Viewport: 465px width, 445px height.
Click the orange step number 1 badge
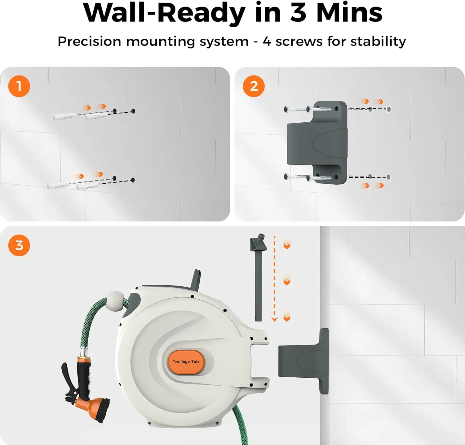click(19, 86)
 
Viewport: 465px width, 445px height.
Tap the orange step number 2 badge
click(254, 86)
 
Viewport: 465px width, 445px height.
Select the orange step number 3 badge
click(19, 245)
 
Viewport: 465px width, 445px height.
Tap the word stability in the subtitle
click(378, 41)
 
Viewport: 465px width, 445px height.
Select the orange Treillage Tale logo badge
click(186, 362)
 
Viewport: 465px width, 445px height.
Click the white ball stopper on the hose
click(115, 300)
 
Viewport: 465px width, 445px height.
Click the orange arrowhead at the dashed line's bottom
click(274, 319)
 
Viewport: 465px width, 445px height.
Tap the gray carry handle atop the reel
click(196, 279)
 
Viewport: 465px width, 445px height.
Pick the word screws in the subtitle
click(299, 41)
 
